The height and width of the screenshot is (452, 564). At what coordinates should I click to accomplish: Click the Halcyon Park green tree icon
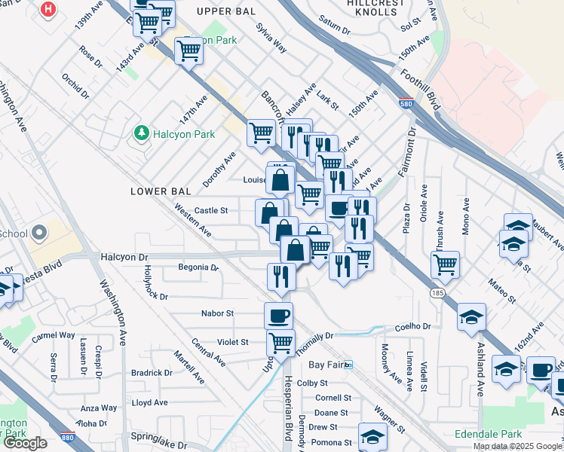click(140, 133)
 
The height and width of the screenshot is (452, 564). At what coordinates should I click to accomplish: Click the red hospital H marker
click(49, 9)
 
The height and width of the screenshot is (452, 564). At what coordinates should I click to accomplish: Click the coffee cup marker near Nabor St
click(278, 314)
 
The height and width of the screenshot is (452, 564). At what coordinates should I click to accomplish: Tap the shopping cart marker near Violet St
click(281, 343)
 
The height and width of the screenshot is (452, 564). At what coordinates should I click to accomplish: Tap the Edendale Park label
click(488, 435)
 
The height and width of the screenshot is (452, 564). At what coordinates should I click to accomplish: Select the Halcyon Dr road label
click(124, 257)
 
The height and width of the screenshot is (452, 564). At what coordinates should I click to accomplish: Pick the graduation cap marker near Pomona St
click(372, 435)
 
